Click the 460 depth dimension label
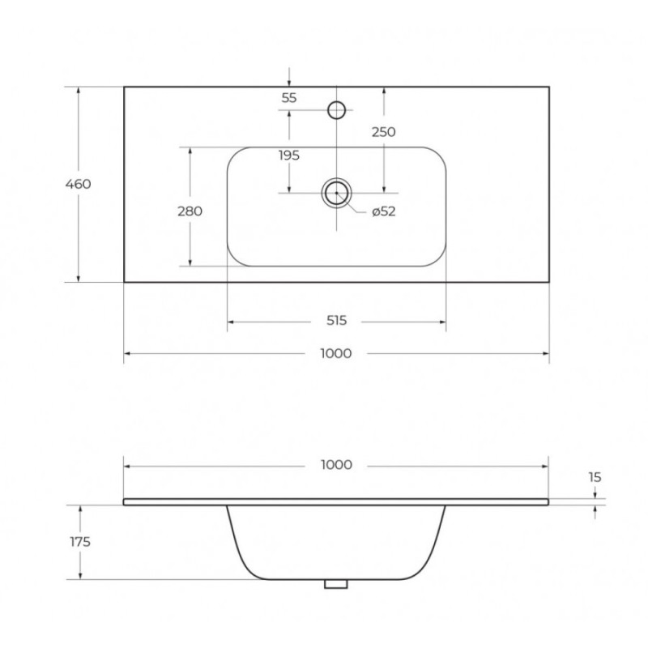78,184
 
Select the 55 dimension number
289,98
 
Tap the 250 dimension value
383,132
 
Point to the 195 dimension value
289,156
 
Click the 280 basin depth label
190,211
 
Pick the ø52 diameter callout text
383,211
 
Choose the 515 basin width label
336,320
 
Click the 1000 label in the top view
336,353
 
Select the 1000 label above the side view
336,465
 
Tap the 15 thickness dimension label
595,478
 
